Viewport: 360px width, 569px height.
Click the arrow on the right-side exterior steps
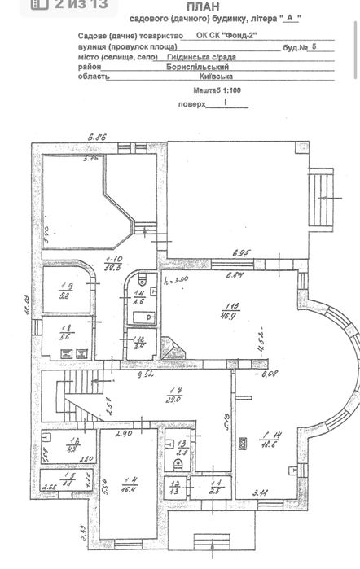point(324,198)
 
